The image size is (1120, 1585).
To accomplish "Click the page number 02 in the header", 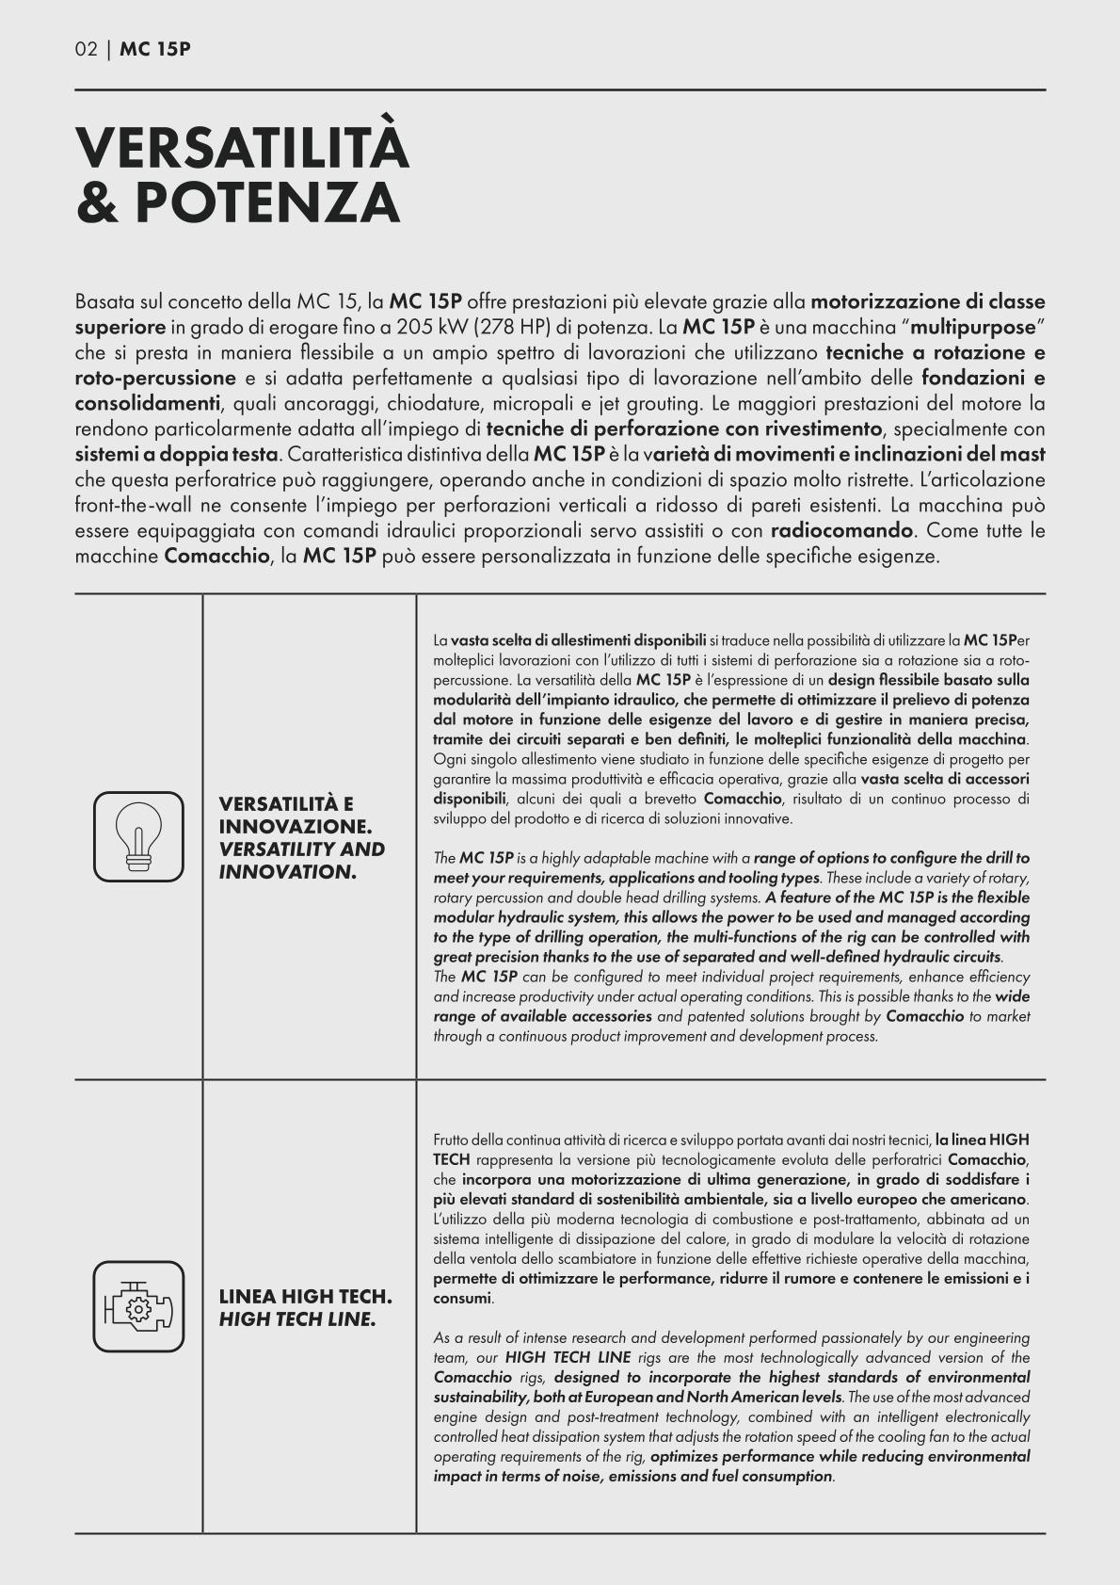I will (86, 50).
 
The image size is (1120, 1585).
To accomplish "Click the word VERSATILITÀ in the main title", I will (242, 148).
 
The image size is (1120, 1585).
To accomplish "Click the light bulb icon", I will (138, 835).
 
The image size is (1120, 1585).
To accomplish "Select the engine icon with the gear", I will (138, 1305).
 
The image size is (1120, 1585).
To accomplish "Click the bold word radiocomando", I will (841, 530).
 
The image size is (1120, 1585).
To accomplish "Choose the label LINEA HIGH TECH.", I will (305, 1296).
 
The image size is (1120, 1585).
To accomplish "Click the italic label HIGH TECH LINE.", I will (297, 1318).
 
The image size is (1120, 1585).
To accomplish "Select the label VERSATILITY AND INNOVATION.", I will (301, 860).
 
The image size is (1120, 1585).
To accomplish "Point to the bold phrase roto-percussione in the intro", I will (155, 379).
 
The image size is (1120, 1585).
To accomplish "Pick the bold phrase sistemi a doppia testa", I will (175, 454).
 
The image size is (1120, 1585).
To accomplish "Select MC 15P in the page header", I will (155, 50).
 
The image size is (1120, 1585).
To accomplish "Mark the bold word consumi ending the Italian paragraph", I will (462, 1298).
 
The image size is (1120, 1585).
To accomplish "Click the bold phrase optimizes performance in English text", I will (733, 1456).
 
